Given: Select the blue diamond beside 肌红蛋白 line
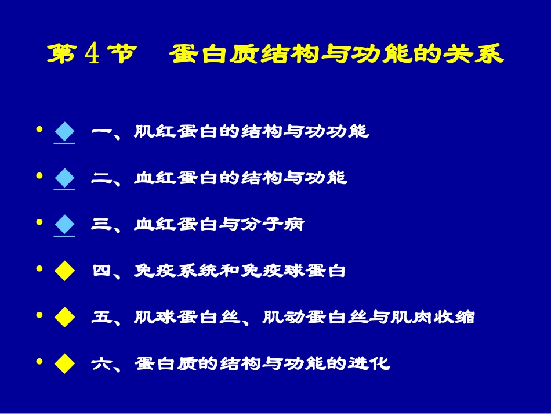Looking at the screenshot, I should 64,132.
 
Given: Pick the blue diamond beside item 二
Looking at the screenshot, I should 64,178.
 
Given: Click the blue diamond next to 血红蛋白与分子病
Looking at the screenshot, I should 64,224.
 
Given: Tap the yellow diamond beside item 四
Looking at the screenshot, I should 64,271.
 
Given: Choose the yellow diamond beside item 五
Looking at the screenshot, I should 64,317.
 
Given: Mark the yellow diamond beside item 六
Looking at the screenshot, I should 64,363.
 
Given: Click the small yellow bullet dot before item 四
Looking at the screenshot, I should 39,269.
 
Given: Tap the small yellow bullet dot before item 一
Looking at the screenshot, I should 39,129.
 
